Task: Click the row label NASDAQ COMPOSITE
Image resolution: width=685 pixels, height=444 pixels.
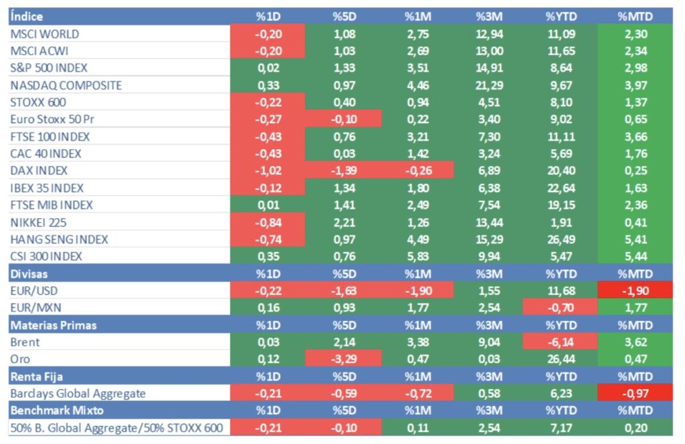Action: click(66, 86)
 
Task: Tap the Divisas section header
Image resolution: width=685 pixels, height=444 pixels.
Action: click(29, 273)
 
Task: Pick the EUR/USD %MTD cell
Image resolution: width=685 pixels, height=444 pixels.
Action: click(635, 290)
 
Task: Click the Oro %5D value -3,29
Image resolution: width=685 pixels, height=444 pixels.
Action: click(343, 358)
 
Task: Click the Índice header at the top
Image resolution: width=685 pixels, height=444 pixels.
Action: click(27, 16)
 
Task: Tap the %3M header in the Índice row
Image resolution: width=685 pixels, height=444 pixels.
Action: click(489, 16)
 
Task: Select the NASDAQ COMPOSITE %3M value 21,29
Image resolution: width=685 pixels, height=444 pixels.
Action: click(489, 86)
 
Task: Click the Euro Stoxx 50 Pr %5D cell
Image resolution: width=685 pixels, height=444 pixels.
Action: click(343, 120)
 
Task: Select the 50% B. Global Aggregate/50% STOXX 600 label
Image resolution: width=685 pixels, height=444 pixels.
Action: click(117, 427)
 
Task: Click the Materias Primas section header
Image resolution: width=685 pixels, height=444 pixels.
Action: click(53, 325)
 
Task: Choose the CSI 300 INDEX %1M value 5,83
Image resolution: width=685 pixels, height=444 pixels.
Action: click(417, 256)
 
